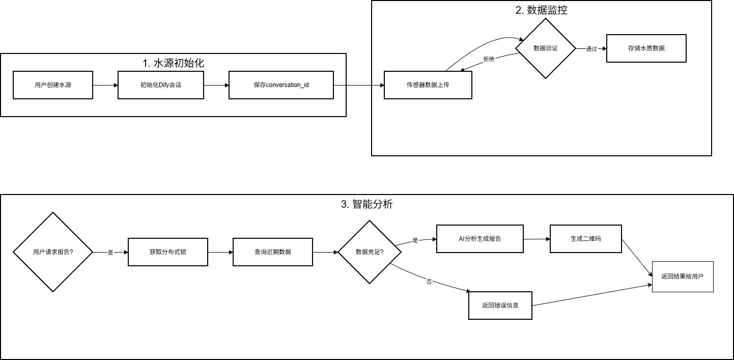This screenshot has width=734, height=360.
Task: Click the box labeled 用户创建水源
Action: click(53, 85)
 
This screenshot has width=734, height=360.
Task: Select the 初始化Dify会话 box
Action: click(161, 85)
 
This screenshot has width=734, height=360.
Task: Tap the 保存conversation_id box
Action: click(281, 85)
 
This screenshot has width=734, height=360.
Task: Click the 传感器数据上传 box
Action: click(428, 85)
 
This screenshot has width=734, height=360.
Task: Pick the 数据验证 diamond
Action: click(545, 48)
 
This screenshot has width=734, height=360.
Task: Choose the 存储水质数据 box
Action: click(646, 48)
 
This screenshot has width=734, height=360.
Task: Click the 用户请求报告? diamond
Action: click(53, 252)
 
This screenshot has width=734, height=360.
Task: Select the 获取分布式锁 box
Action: click(167, 252)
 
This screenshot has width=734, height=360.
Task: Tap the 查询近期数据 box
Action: click(273, 252)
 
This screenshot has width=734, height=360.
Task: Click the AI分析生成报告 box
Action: click(479, 238)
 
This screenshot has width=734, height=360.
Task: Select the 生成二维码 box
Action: click(585, 238)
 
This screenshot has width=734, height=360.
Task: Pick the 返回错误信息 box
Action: click(500, 306)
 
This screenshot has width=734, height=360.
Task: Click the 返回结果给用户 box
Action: click(683, 276)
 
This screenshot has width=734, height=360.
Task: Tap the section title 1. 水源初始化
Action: click(173, 63)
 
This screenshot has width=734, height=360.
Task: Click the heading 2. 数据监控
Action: click(541, 10)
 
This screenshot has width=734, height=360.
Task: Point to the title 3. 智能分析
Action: click(366, 204)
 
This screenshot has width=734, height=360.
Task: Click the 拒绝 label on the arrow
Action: click(489, 59)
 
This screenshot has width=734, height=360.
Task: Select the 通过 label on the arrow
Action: click(591, 49)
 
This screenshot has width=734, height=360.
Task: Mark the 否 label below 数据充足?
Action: click(429, 282)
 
